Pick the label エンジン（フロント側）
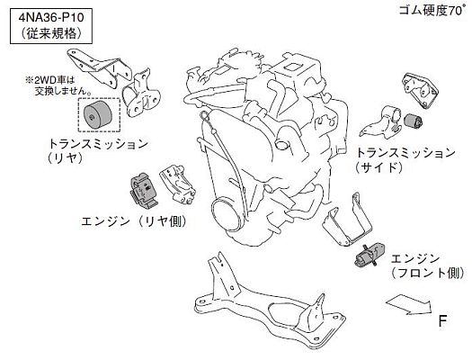point(426,264)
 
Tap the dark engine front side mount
point(369,256)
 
